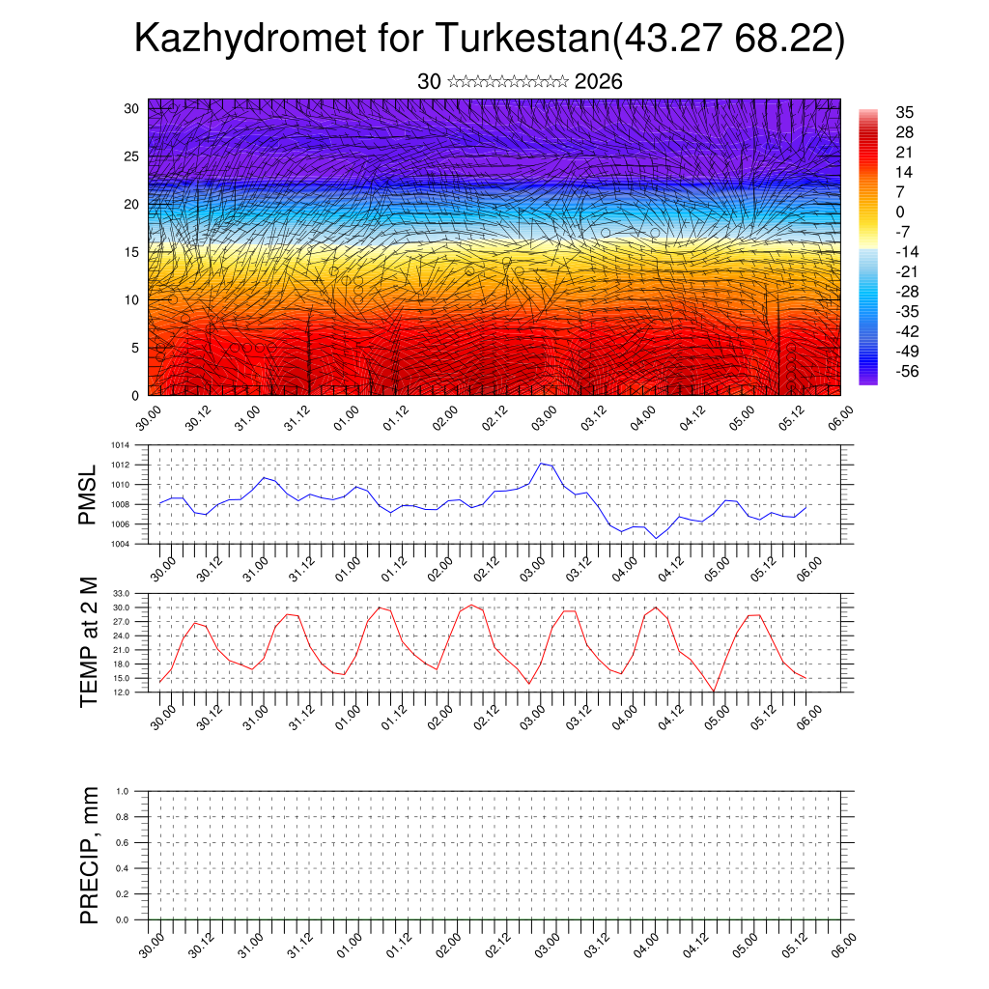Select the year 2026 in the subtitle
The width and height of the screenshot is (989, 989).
click(598, 82)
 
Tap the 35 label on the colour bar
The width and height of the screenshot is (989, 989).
click(905, 112)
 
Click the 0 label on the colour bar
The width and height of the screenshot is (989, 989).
click(900, 212)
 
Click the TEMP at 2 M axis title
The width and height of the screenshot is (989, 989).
click(89, 642)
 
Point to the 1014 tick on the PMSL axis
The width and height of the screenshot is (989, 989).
click(120, 445)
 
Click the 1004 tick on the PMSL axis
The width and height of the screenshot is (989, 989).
click(120, 544)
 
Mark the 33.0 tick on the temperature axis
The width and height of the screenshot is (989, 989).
click(122, 593)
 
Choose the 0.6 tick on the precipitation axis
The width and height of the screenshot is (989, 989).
click(123, 842)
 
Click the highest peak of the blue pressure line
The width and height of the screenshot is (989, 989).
click(541, 464)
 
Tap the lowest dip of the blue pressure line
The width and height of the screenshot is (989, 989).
click(656, 538)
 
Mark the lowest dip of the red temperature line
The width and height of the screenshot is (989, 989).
click(714, 691)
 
